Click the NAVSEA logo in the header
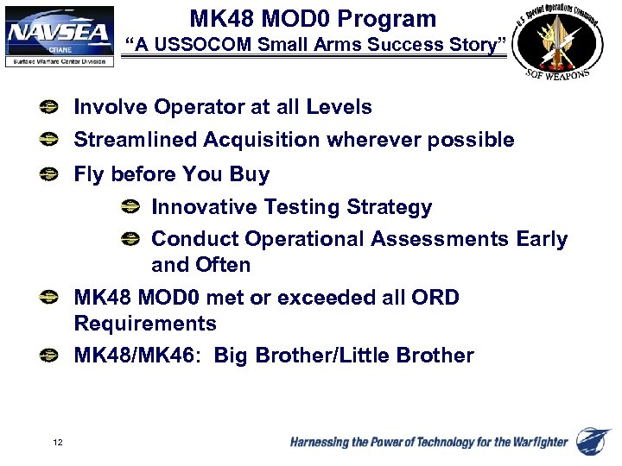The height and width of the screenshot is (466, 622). (60, 35)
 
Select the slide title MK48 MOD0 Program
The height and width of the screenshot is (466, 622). (313, 18)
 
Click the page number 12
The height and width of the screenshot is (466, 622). (57, 443)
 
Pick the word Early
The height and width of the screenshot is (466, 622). (542, 239)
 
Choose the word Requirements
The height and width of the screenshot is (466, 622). (145, 324)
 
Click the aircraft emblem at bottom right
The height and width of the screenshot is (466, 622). (594, 441)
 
